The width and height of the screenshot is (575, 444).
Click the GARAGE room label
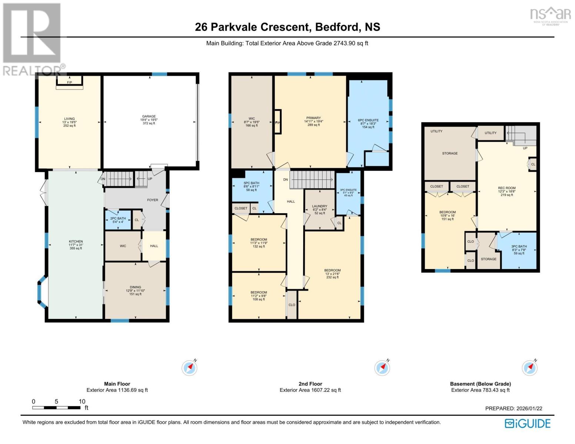coord(149,116)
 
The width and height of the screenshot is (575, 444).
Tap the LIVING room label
coord(69,119)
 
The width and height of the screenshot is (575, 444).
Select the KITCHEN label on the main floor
coord(76,242)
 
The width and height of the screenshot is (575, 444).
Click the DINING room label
coord(136,287)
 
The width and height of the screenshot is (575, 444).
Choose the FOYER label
coord(153,200)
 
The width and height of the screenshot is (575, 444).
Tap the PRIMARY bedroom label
coord(314,118)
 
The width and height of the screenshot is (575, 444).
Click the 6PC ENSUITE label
coord(368,120)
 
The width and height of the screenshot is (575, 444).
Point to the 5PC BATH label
coord(251,183)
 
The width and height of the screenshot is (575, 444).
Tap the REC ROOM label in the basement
coord(507,188)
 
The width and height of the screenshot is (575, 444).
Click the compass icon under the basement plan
coord(530,367)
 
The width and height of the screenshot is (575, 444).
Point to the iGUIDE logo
coord(528,423)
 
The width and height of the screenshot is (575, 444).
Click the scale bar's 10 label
coord(82,401)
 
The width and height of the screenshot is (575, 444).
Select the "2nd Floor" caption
coord(310,384)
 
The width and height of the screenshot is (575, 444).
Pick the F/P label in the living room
coord(69,83)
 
